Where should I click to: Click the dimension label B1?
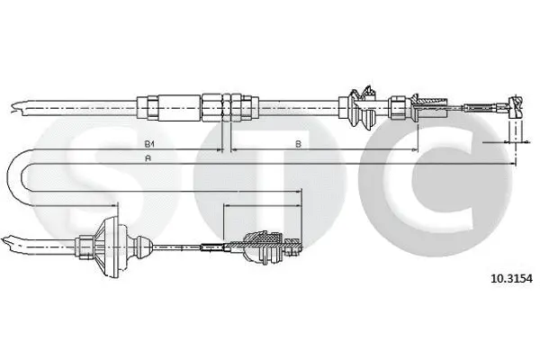point(148,144)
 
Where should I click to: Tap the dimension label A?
point(148,159)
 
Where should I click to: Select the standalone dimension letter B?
point(297,144)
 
